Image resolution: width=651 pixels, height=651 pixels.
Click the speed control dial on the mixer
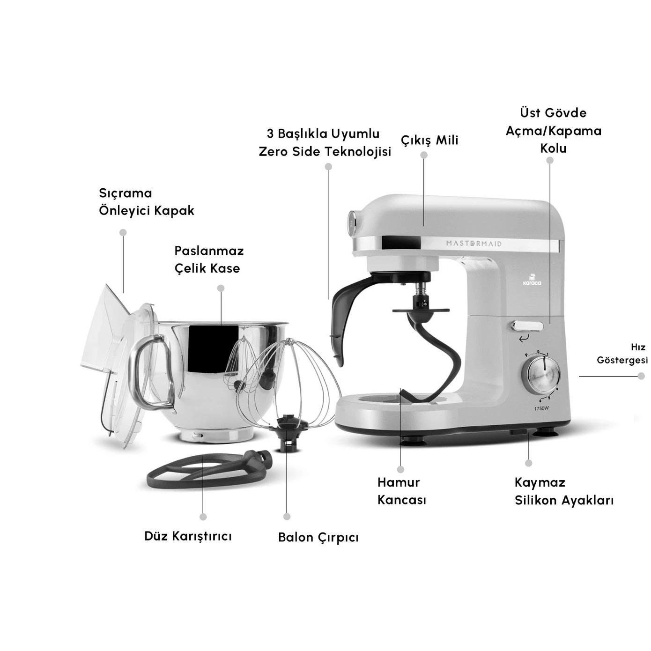(x=543, y=376)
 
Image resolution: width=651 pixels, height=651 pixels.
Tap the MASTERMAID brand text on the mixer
(x=473, y=244)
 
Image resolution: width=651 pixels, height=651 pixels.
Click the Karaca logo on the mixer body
(x=532, y=280)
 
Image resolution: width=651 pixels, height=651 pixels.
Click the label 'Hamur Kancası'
(x=401, y=491)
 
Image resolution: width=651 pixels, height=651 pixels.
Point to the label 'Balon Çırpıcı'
(x=318, y=537)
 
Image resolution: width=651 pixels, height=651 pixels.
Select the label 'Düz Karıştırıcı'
(x=188, y=536)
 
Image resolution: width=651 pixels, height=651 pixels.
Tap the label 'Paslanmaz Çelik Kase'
(x=209, y=259)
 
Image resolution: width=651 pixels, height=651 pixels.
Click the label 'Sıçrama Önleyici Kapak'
(x=146, y=202)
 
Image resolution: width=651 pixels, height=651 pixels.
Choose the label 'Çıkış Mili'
(x=429, y=140)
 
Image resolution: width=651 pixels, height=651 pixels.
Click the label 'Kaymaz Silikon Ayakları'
(x=564, y=491)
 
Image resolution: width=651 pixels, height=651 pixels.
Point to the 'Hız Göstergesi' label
(x=622, y=354)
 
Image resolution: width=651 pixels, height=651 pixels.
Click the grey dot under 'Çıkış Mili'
(x=424, y=155)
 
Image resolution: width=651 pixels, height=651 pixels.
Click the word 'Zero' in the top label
(x=273, y=152)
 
